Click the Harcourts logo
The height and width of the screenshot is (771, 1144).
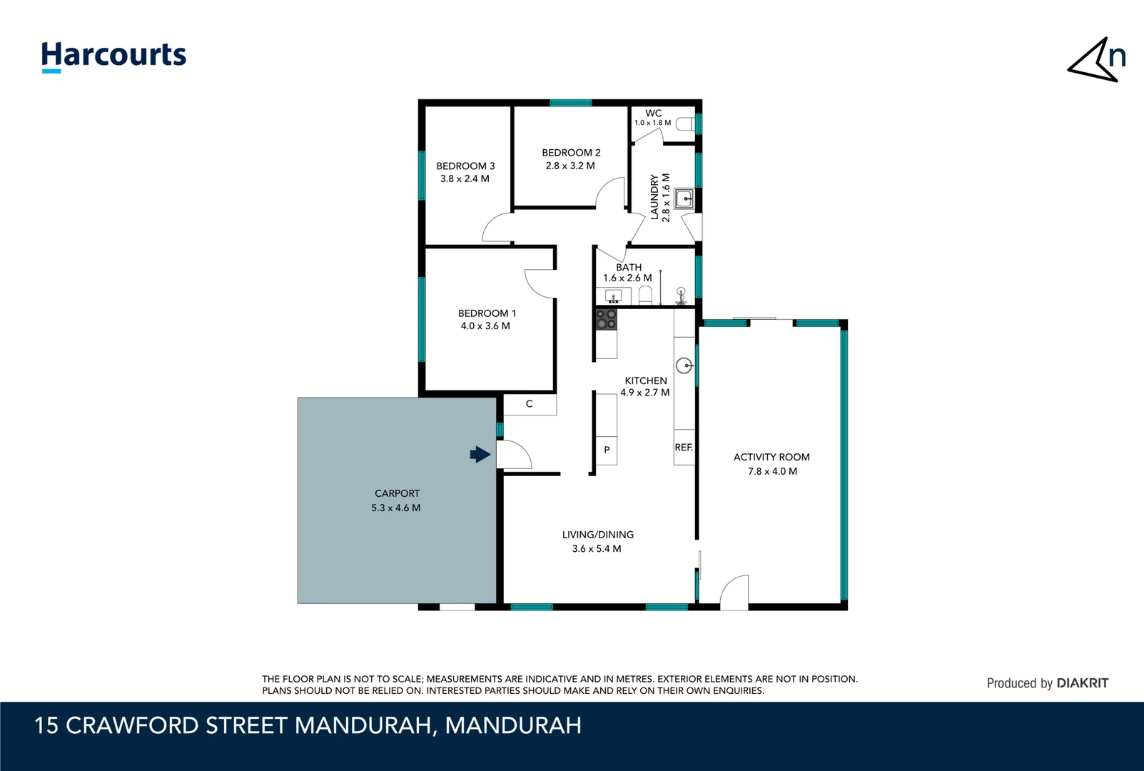pyautogui.click(x=113, y=56)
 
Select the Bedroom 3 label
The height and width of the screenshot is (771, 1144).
pyautogui.click(x=465, y=166)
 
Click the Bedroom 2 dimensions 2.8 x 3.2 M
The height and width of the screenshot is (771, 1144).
pyautogui.click(x=570, y=166)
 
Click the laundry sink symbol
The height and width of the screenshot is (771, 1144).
pyautogui.click(x=684, y=198)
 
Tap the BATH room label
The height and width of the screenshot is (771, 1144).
pyautogui.click(x=628, y=267)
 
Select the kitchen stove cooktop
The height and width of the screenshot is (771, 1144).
pyautogui.click(x=606, y=319)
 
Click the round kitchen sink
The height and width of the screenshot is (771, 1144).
pyautogui.click(x=684, y=366)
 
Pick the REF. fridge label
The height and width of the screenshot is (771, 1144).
pyautogui.click(x=684, y=447)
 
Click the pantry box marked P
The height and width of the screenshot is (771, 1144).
pyautogui.click(x=607, y=450)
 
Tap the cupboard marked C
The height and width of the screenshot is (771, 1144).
pyautogui.click(x=529, y=404)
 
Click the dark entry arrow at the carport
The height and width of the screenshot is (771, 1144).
pyautogui.click(x=480, y=454)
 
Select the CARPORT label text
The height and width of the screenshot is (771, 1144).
pyautogui.click(x=397, y=493)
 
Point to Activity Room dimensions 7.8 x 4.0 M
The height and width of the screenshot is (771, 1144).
pyautogui.click(x=772, y=471)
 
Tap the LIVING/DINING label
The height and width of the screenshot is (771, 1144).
pyautogui.click(x=597, y=535)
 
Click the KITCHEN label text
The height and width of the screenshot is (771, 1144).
pyautogui.click(x=645, y=381)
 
